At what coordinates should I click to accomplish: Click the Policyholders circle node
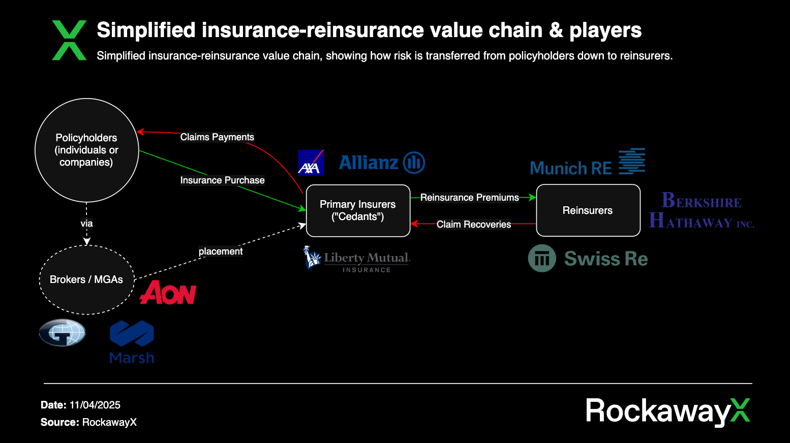point(86,150)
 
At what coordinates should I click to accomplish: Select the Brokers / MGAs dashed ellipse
point(86,279)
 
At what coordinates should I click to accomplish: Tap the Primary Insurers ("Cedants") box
point(358,210)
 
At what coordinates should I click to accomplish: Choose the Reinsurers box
point(588,210)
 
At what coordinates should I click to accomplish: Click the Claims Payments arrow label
point(217,137)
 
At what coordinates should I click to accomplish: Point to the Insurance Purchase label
point(222,180)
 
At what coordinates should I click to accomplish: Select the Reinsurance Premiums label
point(469,198)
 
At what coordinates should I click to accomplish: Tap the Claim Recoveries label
point(474,225)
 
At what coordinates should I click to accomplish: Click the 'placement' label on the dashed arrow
point(221,251)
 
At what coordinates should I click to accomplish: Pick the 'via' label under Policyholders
point(86,224)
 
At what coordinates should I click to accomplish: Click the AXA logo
point(311,163)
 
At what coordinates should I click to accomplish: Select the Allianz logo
point(382,163)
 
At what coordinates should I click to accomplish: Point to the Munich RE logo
point(587,163)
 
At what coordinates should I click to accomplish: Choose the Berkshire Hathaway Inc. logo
point(702,210)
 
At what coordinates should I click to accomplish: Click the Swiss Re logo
point(588,259)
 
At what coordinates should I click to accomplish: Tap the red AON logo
point(168,293)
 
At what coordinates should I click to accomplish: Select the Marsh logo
point(132,342)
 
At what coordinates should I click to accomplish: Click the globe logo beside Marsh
point(62,333)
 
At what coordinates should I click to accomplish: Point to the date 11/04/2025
point(95,405)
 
